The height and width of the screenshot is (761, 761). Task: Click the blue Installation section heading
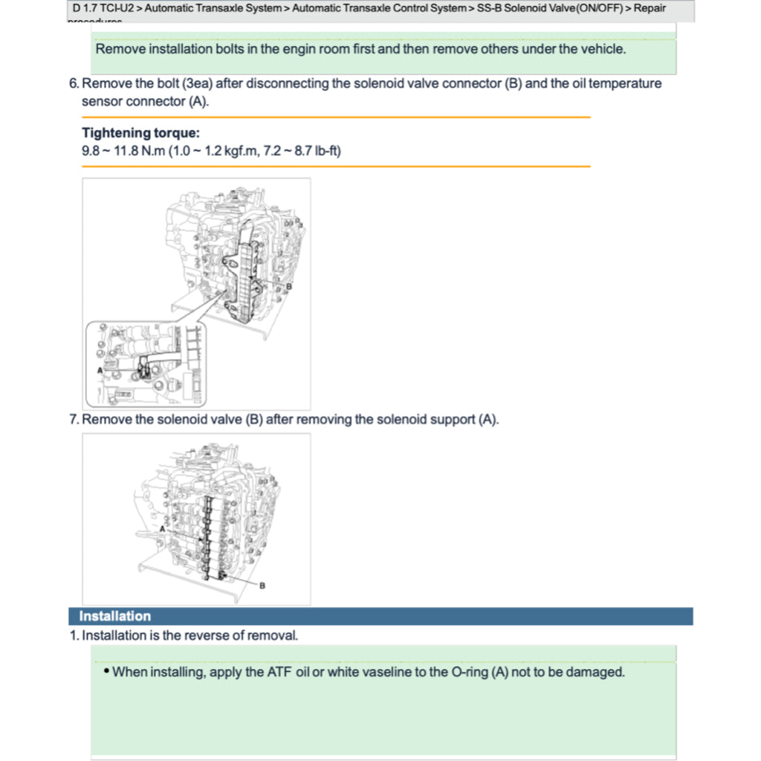(x=115, y=616)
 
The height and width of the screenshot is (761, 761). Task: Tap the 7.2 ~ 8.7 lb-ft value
(x=302, y=151)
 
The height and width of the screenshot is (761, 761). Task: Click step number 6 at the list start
(x=74, y=84)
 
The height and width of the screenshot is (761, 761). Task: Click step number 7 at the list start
(x=74, y=420)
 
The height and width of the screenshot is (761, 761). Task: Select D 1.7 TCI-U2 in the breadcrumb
(x=103, y=9)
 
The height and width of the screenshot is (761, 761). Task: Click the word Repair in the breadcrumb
(x=650, y=9)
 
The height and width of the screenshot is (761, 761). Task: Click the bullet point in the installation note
(x=106, y=671)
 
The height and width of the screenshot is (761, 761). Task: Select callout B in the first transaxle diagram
(x=289, y=285)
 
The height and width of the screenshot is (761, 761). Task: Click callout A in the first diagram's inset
(x=100, y=369)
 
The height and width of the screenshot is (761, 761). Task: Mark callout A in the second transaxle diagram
(x=162, y=528)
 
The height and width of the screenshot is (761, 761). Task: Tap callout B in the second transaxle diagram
(x=262, y=586)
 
